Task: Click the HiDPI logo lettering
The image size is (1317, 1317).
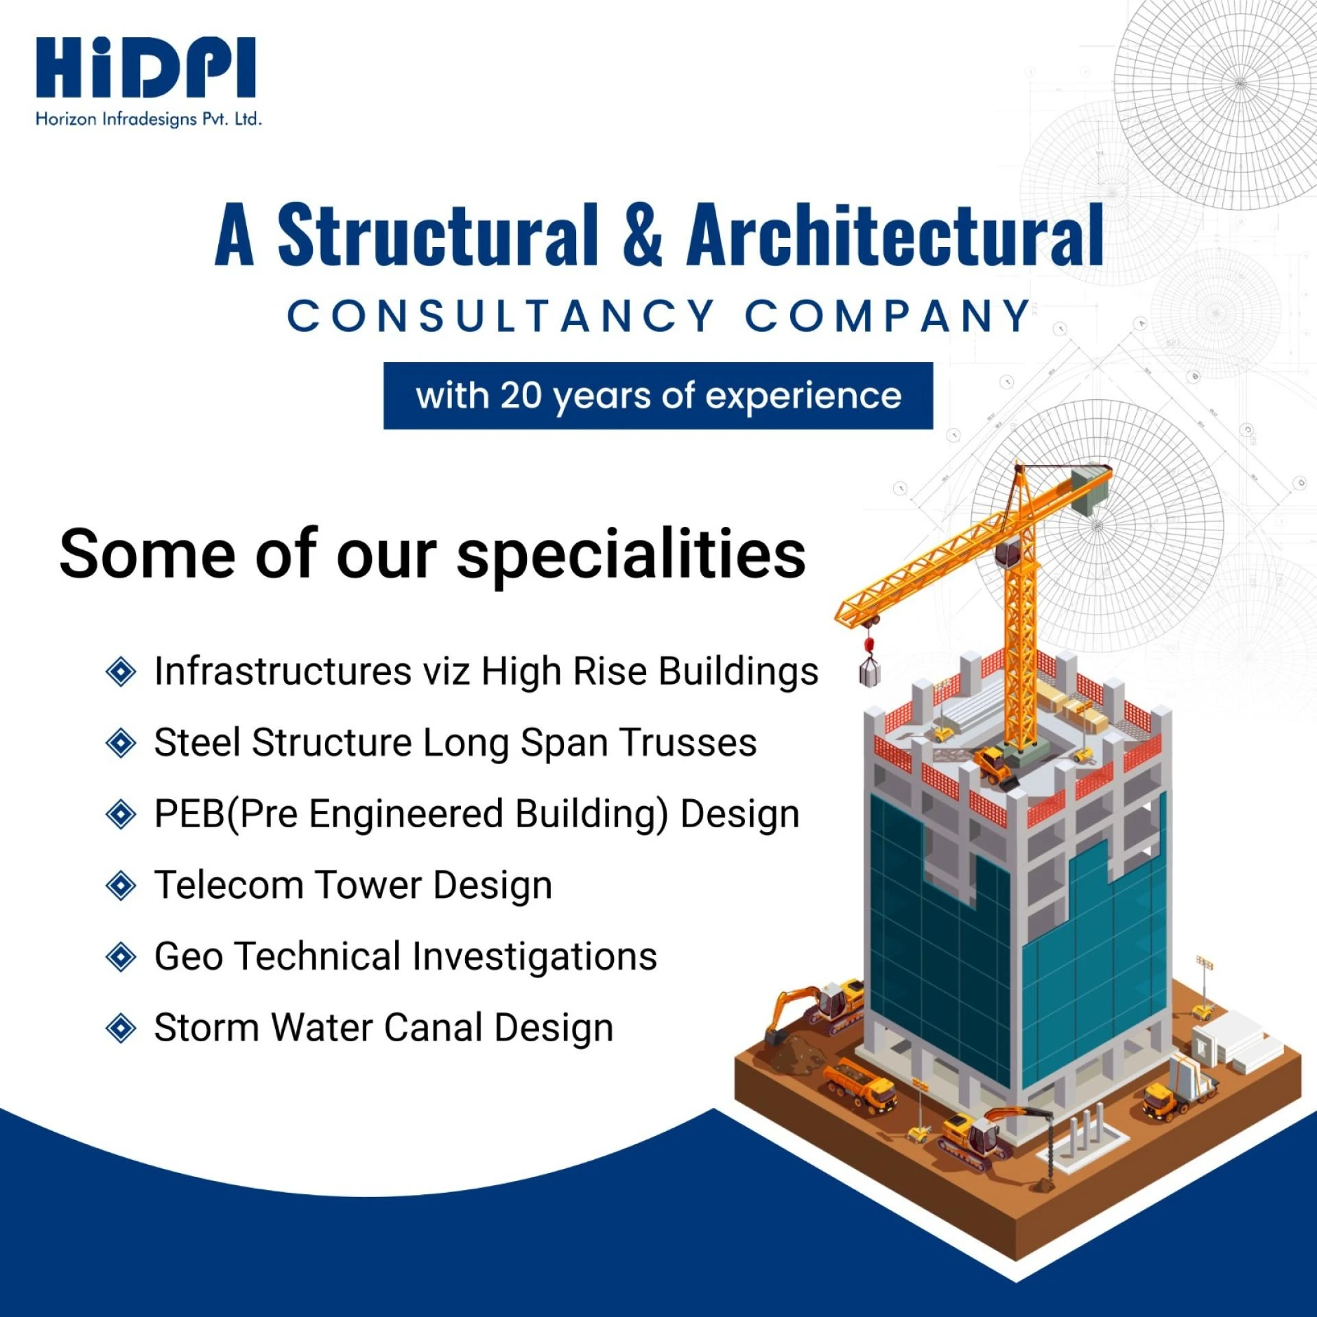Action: pyautogui.click(x=145, y=69)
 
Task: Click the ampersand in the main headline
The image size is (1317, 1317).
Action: pyautogui.click(x=643, y=235)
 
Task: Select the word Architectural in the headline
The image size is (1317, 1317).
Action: pyautogui.click(x=894, y=235)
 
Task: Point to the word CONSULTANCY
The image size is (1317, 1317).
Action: pyautogui.click(x=501, y=316)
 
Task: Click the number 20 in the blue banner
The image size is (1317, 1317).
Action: pyautogui.click(x=521, y=396)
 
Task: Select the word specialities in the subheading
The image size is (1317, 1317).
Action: pyautogui.click(x=631, y=556)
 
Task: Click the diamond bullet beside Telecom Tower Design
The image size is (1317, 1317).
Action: pyautogui.click(x=121, y=886)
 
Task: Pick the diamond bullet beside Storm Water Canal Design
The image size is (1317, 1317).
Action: pyautogui.click(x=121, y=1028)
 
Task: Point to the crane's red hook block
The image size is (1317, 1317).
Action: pyautogui.click(x=870, y=645)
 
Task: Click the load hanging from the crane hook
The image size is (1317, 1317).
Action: pyautogui.click(x=870, y=675)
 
